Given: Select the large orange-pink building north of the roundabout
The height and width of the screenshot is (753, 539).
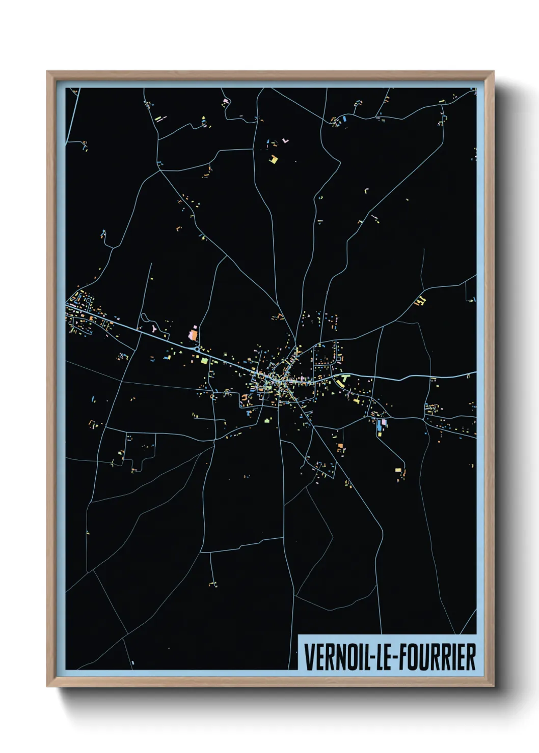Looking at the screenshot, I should [193, 335].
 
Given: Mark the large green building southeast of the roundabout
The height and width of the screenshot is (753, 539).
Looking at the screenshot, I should [204, 360].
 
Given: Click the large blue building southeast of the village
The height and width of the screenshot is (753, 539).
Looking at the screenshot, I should [379, 426].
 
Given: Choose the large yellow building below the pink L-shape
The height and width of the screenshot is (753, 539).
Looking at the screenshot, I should [274, 159].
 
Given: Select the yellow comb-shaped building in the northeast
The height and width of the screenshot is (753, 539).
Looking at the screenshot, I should [420, 300].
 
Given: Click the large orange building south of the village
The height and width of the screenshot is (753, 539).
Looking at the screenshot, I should [340, 447].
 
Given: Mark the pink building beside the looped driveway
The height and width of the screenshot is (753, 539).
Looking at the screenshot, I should [154, 328].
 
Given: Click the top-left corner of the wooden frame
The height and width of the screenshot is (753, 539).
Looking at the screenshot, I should [47, 72].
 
